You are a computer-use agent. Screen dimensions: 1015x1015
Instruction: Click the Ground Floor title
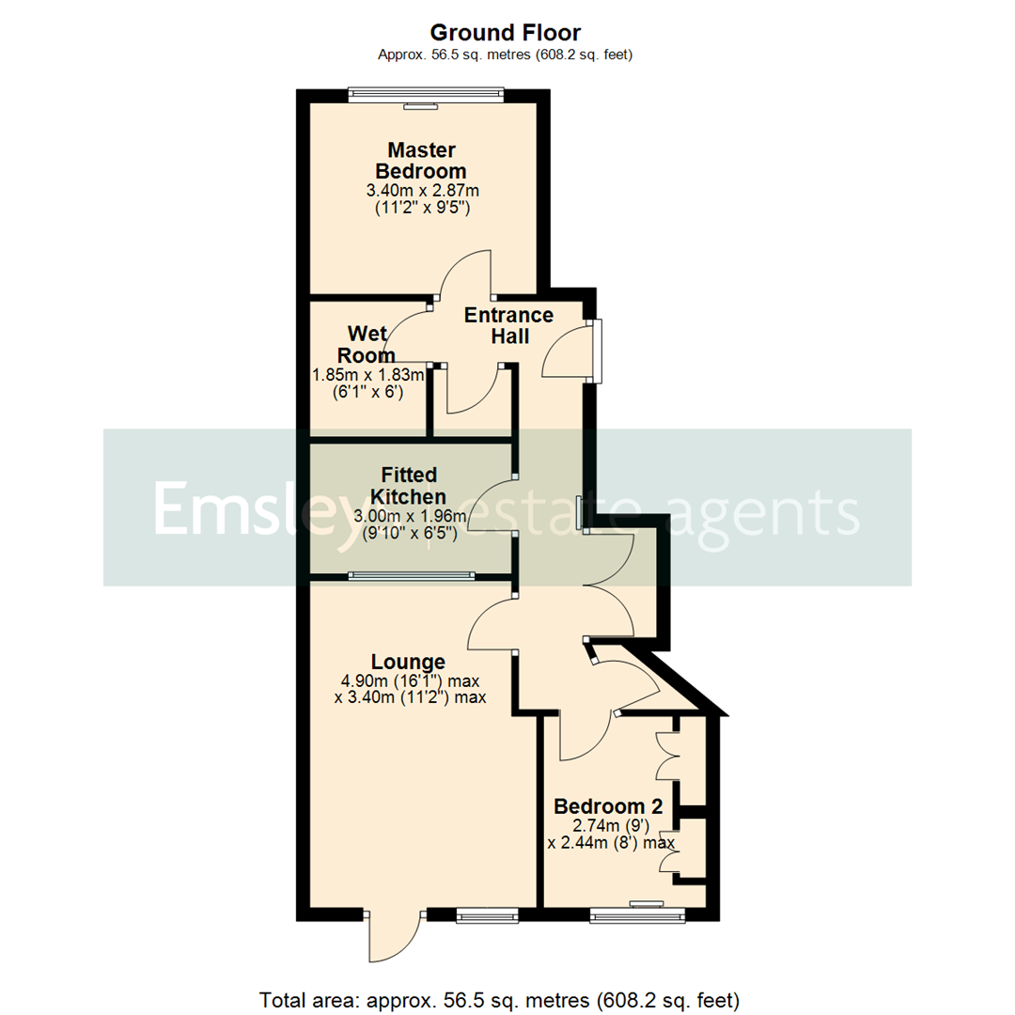coord(507,32)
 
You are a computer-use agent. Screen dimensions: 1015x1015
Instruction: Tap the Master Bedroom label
coord(421,161)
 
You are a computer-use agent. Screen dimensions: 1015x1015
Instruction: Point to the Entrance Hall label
coord(509,325)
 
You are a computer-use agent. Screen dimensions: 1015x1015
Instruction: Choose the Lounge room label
coord(407,662)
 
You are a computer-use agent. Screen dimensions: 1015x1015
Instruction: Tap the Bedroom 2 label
coord(608,806)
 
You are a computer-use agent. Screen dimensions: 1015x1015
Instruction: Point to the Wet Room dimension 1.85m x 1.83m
coord(367,374)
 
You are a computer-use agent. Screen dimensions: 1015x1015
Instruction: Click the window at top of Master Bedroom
coord(425,93)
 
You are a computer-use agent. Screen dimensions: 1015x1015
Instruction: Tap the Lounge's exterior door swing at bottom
coord(395,935)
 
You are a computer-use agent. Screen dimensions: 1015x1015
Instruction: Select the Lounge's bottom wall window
coord(487,913)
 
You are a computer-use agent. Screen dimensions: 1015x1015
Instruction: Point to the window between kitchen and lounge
coord(412,574)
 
